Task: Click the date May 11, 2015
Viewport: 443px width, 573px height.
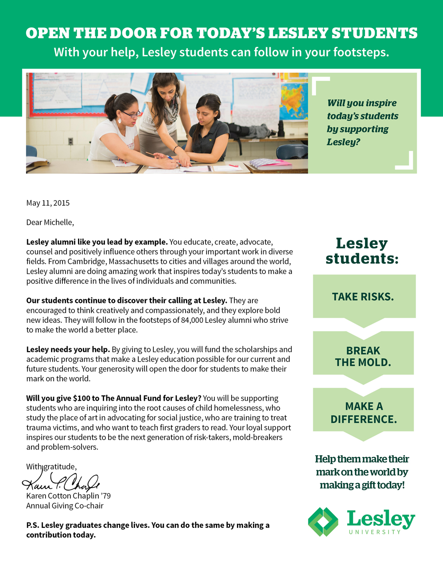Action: [48, 203]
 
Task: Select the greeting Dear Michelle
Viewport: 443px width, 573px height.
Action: [50, 222]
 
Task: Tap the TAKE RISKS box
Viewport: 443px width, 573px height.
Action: [363, 297]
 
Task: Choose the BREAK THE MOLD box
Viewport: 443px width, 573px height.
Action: [363, 356]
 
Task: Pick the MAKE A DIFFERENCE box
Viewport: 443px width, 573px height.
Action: [363, 413]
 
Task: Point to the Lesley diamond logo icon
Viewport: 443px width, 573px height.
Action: [323, 522]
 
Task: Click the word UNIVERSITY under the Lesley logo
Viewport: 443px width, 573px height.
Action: [375, 532]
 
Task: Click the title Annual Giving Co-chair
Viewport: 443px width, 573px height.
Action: [65, 506]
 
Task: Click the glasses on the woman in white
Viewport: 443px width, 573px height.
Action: [131, 114]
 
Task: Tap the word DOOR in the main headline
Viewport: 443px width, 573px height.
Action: [135, 33]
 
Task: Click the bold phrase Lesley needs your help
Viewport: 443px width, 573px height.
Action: [68, 349]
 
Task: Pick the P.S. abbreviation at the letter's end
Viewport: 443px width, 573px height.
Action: [32, 525]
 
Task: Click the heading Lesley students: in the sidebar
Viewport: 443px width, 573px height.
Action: [362, 251]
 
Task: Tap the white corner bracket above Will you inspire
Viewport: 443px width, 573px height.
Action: [320, 85]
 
